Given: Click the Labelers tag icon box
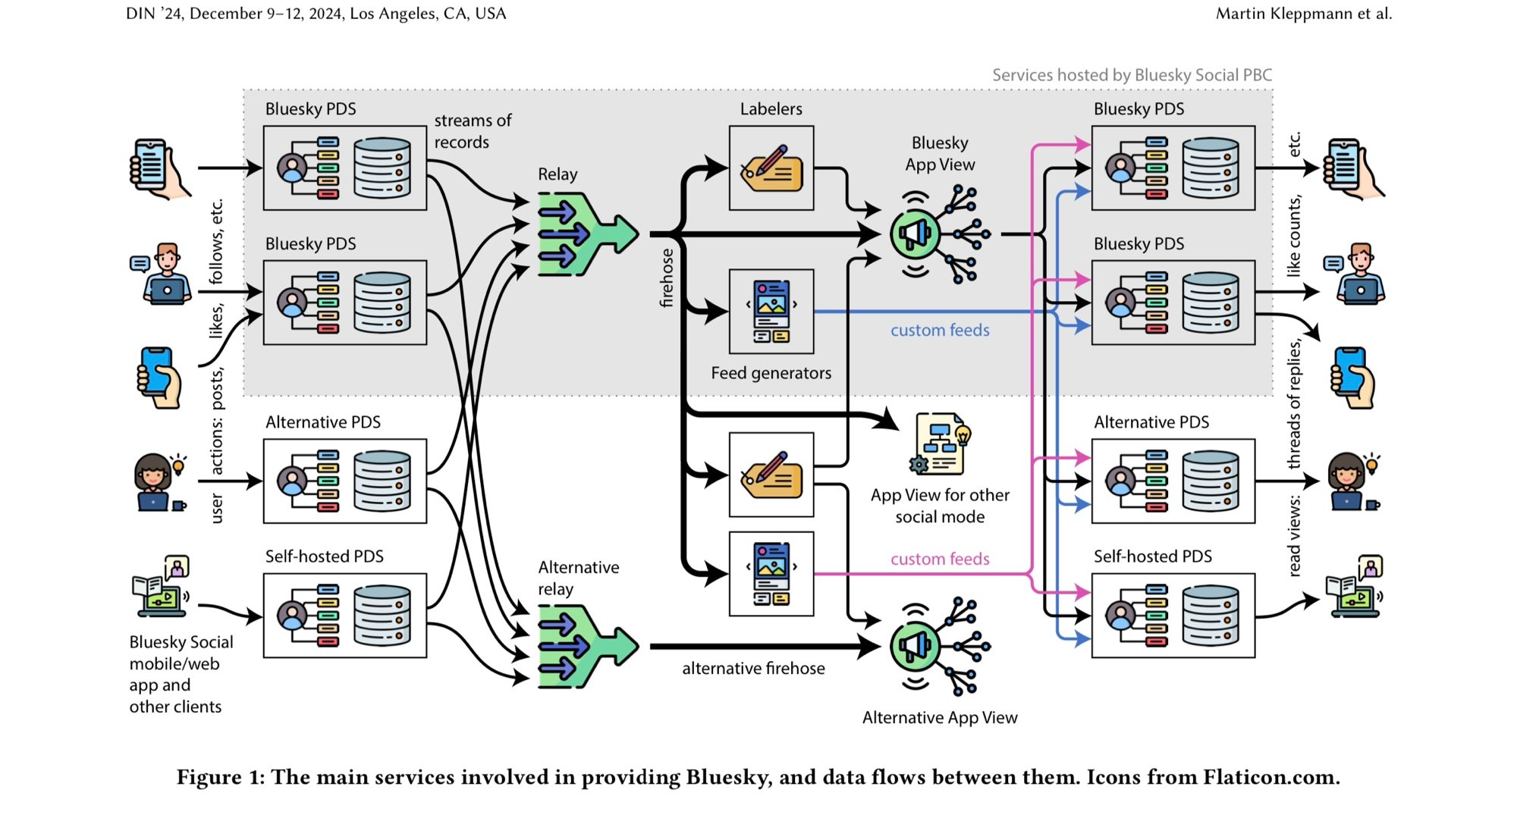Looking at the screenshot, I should click(771, 168).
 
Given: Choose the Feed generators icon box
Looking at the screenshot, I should click(771, 312).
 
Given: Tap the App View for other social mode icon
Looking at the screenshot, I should click(940, 444).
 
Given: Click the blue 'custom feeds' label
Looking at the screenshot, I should click(940, 331).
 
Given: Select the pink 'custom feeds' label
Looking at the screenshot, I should click(940, 559).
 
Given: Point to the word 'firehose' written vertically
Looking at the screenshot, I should click(667, 278).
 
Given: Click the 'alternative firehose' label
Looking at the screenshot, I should click(753, 669).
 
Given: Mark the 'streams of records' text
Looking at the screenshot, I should click(472, 131).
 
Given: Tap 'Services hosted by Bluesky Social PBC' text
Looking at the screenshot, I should click(1132, 75).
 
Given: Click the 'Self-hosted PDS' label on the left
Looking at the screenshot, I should click(324, 556).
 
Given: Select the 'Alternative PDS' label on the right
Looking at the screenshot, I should click(1151, 422).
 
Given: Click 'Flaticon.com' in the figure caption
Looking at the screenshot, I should click(1270, 778).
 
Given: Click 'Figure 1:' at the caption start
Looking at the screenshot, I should click(221, 778).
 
